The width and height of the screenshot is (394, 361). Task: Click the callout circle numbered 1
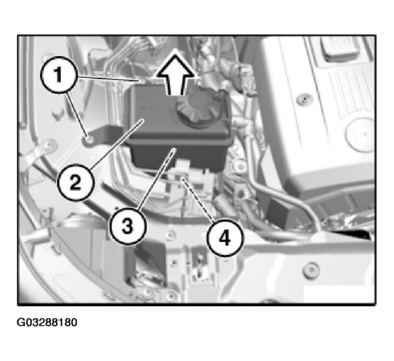coord(58,75)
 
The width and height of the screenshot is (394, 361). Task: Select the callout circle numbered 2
coord(75,182)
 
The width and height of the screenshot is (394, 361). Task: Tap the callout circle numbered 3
coord(127,226)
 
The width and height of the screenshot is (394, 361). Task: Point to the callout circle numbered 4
coord(225,238)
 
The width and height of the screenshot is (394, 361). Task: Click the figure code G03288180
coord(47,322)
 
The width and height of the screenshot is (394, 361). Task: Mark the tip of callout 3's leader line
coord(174,149)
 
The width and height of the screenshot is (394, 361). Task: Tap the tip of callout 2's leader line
coord(143,120)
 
